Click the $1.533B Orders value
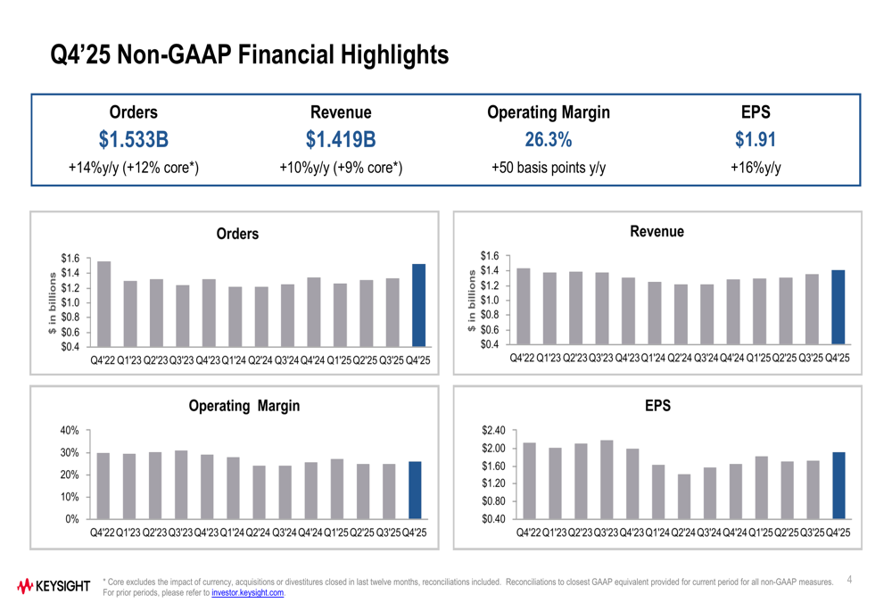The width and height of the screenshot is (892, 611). click(133, 140)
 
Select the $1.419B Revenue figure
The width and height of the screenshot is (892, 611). click(340, 140)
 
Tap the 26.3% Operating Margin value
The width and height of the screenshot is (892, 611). click(549, 140)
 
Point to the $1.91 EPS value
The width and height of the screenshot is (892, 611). click(756, 140)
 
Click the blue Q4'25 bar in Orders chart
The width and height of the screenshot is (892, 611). click(418, 305)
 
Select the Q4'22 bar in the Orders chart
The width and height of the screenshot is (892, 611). click(103, 303)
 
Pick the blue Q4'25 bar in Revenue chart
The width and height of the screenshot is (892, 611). click(838, 307)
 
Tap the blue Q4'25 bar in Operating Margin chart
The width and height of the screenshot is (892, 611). click(415, 490)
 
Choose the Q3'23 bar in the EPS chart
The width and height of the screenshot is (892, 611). click(607, 479)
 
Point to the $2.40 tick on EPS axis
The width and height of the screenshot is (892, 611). click(494, 431)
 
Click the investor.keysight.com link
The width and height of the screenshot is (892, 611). click(248, 593)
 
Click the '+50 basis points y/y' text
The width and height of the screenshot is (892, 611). click(549, 167)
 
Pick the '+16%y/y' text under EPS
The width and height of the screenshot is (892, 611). click(756, 167)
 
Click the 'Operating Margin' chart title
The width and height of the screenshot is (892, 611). click(244, 406)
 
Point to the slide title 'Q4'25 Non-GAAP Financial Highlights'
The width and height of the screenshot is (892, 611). click(249, 55)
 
